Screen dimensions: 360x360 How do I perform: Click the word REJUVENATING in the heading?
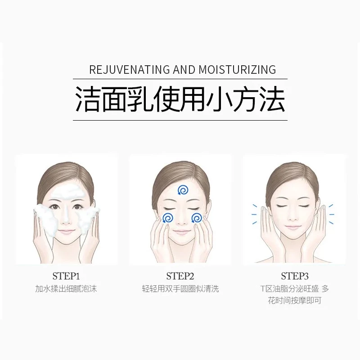[x=130, y=70]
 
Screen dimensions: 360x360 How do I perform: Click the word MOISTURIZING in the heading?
[x=237, y=70]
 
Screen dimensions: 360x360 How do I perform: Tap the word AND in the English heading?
[x=184, y=70]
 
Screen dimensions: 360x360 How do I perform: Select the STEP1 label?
[x=66, y=276]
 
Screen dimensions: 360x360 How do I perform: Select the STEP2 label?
[x=180, y=276]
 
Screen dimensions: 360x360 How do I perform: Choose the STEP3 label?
[x=295, y=276]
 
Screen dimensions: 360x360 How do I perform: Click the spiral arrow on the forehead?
[x=183, y=190]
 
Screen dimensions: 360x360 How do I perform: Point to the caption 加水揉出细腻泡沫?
[x=66, y=288]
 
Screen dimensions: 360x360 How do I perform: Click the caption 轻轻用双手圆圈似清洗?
[x=180, y=288]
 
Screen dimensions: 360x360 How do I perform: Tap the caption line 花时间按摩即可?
[x=295, y=300]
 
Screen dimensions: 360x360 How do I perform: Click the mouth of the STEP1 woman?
[x=66, y=231]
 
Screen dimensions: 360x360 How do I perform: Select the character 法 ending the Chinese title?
[x=272, y=99]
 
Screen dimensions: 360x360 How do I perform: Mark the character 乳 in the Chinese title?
[x=141, y=99]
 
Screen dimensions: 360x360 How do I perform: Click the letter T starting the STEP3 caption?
[x=263, y=288]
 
